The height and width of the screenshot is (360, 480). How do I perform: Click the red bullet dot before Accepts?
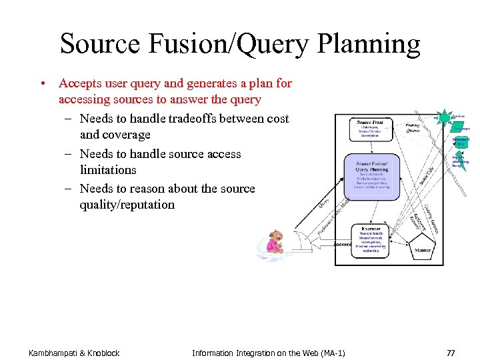[42, 84]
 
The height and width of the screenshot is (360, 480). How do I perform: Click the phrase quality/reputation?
[127, 205]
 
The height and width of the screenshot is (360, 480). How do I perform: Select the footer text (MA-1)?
[330, 352]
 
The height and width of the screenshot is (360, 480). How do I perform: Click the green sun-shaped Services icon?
[443, 119]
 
